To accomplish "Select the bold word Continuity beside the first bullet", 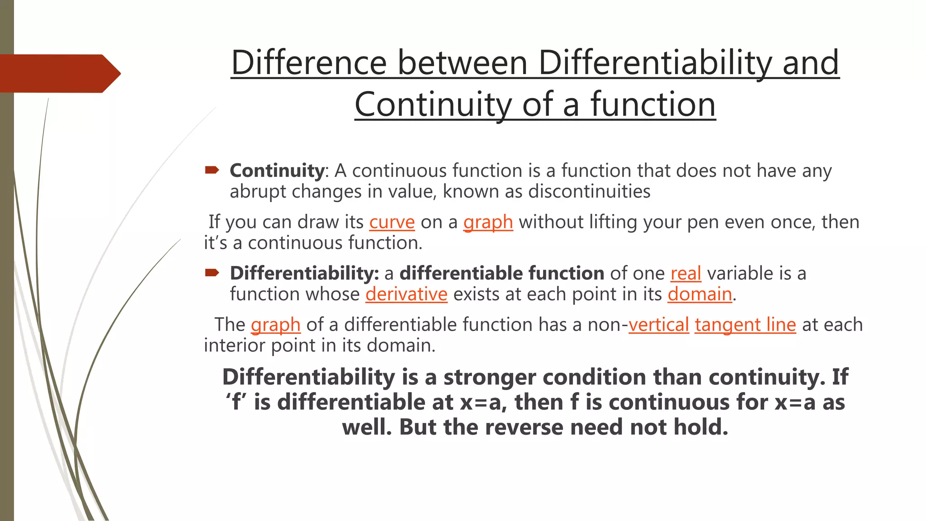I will point(277,171).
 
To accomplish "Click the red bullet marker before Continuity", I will point(212,170).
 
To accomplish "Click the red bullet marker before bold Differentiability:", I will point(212,272).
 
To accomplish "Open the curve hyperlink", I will point(392,222).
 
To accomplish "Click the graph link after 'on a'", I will point(488,222).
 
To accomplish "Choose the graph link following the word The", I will point(275,325).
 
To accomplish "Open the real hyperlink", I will point(685,273).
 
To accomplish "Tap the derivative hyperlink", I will point(406,294).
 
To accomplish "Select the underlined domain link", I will point(699,294).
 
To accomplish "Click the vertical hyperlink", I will point(658,325).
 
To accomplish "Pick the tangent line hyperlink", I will point(745,325).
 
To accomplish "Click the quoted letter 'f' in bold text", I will point(235,402).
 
